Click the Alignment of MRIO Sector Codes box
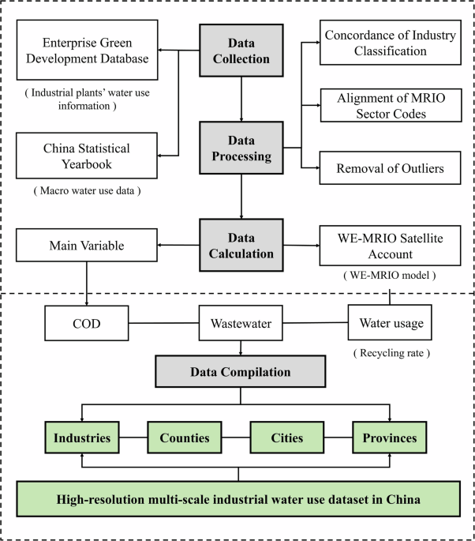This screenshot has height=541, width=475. pyautogui.click(x=391, y=104)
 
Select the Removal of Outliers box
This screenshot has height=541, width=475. pyautogui.click(x=391, y=167)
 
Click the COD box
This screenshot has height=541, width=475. pyautogui.click(x=83, y=322)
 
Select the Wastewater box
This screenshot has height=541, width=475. pyautogui.click(x=241, y=322)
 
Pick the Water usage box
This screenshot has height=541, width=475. pyautogui.click(x=391, y=322)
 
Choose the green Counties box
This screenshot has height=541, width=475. pyautogui.click(x=185, y=437)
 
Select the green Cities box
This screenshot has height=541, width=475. pyautogui.click(x=288, y=437)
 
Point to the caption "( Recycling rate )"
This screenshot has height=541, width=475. pyautogui.click(x=391, y=351)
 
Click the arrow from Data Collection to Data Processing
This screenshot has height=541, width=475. pyautogui.click(x=241, y=95)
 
